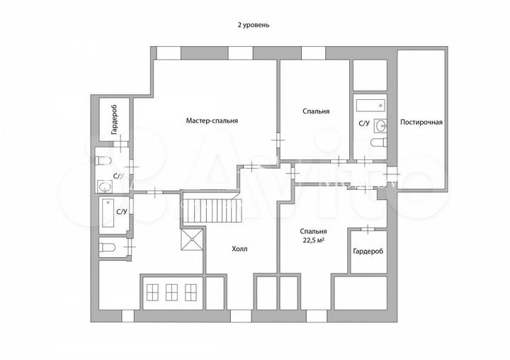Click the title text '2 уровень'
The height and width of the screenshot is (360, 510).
pos(253,24)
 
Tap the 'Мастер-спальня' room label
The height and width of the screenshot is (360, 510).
pos(212,120)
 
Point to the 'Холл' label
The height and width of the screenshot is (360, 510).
pos(240,249)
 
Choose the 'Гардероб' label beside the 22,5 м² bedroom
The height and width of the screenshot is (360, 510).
pos(368,252)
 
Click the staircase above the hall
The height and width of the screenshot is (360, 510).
pos(213,211)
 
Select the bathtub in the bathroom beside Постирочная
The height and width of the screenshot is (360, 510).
pos(369,106)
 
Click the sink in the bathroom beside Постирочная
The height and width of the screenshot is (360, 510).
pos(381,126)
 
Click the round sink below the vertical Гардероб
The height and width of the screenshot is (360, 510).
pos(105,187)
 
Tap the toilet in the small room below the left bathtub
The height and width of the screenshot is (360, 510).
pos(108,247)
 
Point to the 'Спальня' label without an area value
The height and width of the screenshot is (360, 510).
pos(315,111)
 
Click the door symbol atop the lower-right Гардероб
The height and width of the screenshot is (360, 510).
pos(368,228)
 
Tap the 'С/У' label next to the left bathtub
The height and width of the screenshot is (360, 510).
pos(121,211)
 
